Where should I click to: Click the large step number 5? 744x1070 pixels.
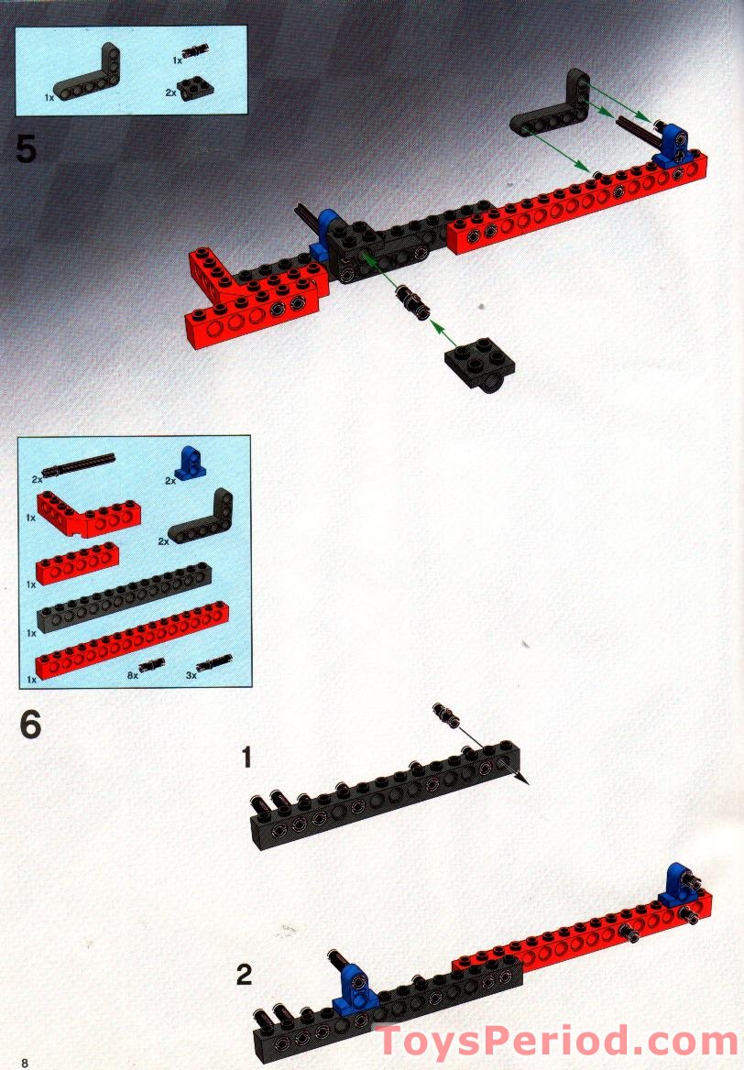coord(26,148)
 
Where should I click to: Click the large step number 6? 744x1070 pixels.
coord(31,725)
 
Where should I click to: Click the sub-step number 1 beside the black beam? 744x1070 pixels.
coord(246,757)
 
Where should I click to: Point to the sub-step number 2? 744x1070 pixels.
coord(245,975)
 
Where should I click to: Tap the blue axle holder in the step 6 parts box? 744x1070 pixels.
coord(189,464)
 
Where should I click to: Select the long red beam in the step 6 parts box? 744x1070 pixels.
coord(132,640)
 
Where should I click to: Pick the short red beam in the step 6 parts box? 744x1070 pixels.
coord(77,563)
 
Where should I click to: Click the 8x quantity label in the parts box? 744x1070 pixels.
coord(133,675)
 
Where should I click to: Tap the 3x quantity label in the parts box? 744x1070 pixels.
coord(191,675)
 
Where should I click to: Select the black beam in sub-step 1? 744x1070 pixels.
coord(385,796)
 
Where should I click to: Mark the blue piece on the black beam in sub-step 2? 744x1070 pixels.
coord(355,988)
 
